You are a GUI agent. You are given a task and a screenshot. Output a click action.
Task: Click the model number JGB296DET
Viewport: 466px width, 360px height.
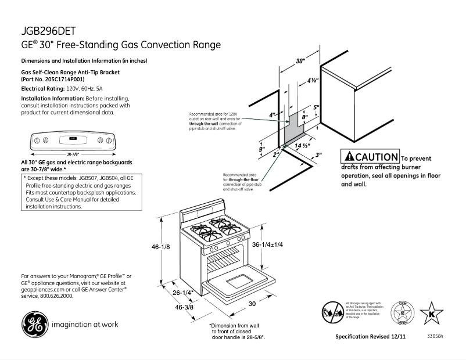tap(49, 31)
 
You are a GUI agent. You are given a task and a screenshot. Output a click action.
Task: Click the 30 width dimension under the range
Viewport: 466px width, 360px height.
tap(253, 304)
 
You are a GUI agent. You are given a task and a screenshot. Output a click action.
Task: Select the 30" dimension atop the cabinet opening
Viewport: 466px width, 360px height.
tap(300, 61)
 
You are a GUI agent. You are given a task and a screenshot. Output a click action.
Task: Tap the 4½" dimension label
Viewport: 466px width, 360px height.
tap(311, 81)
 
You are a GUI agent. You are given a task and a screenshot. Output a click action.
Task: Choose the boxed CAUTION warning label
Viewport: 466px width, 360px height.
tap(370, 157)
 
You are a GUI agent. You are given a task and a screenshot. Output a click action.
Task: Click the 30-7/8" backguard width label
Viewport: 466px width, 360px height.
tap(72, 154)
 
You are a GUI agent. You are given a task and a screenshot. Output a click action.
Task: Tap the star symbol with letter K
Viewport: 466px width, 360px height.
tap(431, 314)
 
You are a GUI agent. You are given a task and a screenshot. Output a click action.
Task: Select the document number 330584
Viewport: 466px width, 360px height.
tap(435, 336)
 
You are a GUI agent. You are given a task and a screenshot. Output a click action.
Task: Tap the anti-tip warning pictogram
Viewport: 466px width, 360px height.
tap(332, 311)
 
